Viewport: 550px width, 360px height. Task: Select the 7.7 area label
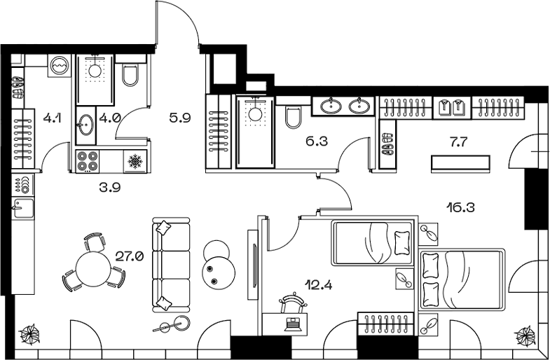coord(460,141)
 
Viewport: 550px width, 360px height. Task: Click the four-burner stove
coord(88,162)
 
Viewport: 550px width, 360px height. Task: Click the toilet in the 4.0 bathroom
coord(131,74)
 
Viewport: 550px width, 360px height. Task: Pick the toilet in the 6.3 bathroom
coord(294,117)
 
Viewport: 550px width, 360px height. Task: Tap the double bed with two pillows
coord(461,279)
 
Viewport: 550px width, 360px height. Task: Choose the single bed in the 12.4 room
coord(371,244)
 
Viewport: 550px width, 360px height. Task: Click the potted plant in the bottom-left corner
coord(31,335)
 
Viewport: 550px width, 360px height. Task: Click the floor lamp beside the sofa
coord(179,323)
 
